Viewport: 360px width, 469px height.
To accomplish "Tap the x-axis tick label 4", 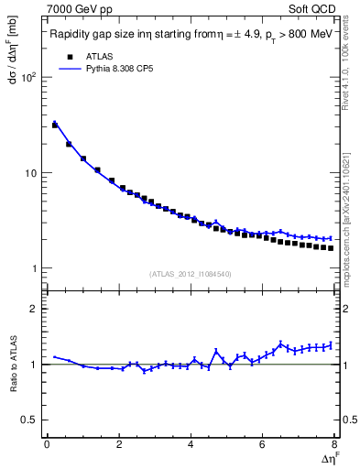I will coord(191,444).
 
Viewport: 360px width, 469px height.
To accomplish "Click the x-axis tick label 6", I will coord(262,444).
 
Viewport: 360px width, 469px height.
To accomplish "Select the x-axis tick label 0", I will coord(47,444).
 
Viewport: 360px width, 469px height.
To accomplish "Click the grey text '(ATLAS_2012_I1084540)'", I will coord(191,274).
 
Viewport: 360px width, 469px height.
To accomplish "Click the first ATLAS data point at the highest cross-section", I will coord(55,125).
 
